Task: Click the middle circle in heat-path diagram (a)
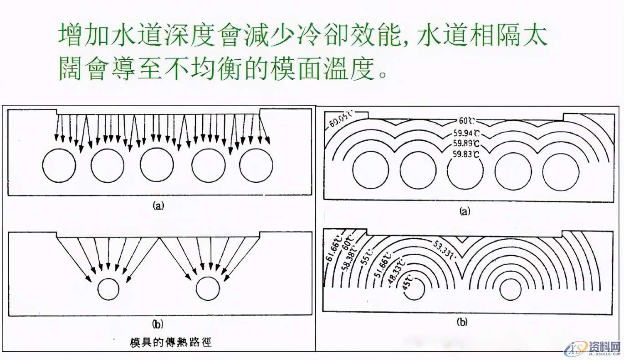156,165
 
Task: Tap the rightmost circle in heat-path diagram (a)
256,165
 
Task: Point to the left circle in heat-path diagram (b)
108,290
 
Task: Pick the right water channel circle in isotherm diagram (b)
511,289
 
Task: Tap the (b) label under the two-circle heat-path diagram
157,324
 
